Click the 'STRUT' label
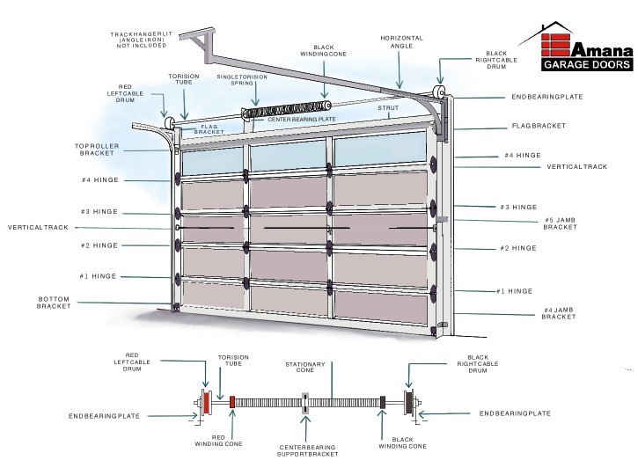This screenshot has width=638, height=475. (388, 108)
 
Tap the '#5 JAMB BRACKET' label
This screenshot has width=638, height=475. (560, 223)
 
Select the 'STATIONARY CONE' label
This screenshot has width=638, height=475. (305, 369)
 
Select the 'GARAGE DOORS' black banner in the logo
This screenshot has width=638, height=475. (587, 65)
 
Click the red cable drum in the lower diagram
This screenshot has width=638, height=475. (207, 401)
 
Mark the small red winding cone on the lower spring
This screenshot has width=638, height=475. (232, 401)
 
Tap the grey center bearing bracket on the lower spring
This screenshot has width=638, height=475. (305, 401)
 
